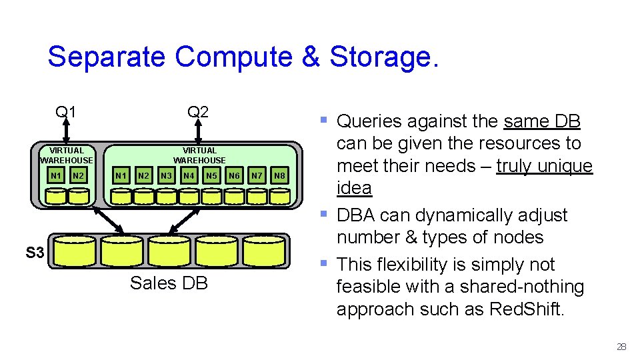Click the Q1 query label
pyautogui.click(x=65, y=111)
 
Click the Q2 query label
pyautogui.click(x=198, y=111)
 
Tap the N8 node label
pyautogui.click(x=280, y=176)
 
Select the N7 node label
pyautogui.click(x=257, y=176)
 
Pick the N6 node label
pyautogui.click(x=234, y=176)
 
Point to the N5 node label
pyautogui.click(x=212, y=176)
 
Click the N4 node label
pyautogui.click(x=189, y=176)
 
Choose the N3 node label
pyautogui.click(x=167, y=176)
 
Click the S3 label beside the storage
pyautogui.click(x=35, y=253)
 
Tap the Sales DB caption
pyautogui.click(x=169, y=283)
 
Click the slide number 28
pyautogui.click(x=621, y=347)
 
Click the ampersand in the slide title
pyautogui.click(x=311, y=57)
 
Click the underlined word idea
pyautogui.click(x=354, y=188)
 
